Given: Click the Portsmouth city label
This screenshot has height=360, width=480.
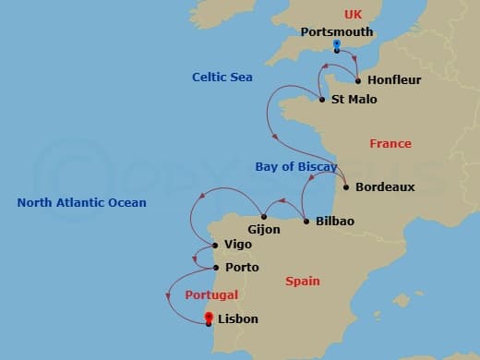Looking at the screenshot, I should coord(337,31).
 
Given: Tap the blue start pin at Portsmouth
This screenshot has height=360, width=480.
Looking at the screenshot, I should coord(337,45).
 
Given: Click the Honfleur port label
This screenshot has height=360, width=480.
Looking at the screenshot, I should coord(394,80).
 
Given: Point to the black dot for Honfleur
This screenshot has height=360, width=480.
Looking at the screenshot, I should coord(358,80).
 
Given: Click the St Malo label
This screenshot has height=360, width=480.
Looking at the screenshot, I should coord(354,100).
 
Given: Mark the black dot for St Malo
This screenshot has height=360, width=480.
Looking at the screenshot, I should coord(322,100).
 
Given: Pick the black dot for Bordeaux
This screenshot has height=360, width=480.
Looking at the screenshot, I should coord(345,187).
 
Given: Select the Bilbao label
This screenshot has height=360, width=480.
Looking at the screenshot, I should coord(335,222).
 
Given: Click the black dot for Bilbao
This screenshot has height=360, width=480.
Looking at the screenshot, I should coord(306,222).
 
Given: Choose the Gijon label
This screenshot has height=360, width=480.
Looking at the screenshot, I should coord(264,229).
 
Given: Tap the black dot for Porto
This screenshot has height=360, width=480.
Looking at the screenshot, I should coord(216,268).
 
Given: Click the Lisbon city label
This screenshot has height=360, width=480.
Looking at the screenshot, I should coord(238,319).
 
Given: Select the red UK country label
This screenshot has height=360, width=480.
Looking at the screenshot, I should coord(354,14).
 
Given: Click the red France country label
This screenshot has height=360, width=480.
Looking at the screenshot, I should coord(390,144).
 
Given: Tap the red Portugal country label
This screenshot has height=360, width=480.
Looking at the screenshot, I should coord(211,295).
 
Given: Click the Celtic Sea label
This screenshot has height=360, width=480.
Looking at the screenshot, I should coord(222,78).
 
